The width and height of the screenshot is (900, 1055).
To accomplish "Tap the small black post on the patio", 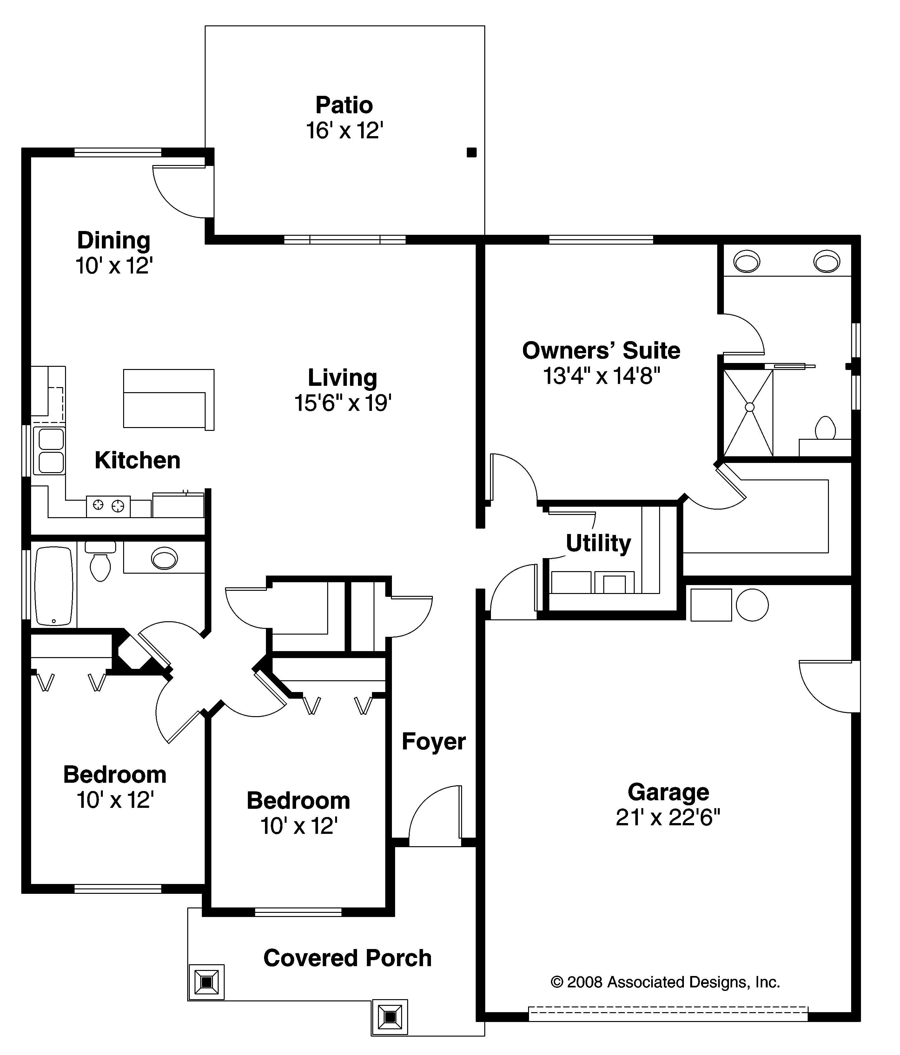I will click(472, 152).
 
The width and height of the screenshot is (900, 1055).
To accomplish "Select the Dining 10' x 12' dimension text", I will click(114, 266).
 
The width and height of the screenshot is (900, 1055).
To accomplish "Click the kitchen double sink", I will click(49, 451).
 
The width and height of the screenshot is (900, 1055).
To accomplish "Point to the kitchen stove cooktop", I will click(108, 505).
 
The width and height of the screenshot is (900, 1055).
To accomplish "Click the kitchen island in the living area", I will click(168, 399).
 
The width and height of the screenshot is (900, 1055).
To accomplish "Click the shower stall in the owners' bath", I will click(748, 413).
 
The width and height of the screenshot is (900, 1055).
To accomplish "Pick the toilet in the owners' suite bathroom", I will click(825, 428).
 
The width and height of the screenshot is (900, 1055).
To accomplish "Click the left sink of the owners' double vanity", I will click(747, 262).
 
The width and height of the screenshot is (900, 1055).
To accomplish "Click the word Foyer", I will click(433, 741).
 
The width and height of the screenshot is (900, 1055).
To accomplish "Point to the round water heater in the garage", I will click(752, 605).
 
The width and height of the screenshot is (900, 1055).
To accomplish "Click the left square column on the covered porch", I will click(206, 982).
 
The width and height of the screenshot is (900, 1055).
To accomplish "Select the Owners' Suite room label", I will click(601, 351).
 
